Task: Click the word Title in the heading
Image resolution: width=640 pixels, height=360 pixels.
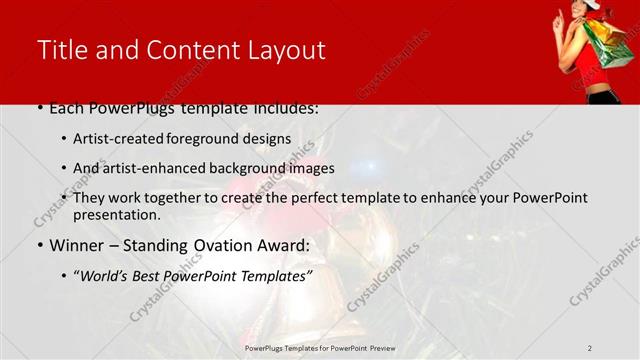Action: (x=62, y=51)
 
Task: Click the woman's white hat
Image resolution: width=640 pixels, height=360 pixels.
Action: (x=592, y=5)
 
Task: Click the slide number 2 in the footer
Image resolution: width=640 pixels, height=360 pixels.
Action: (x=590, y=348)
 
